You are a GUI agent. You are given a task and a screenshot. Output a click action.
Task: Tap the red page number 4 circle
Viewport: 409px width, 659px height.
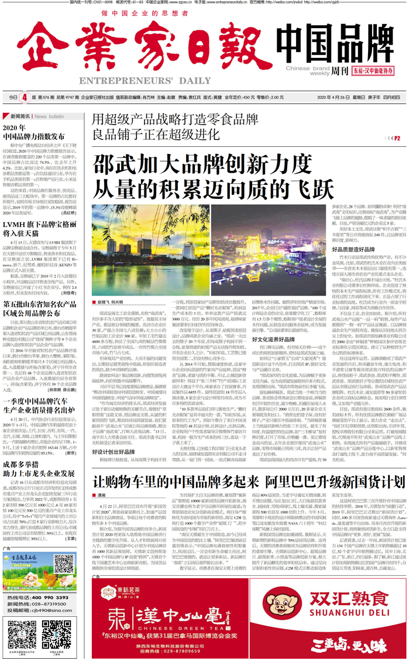[24, 97]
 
